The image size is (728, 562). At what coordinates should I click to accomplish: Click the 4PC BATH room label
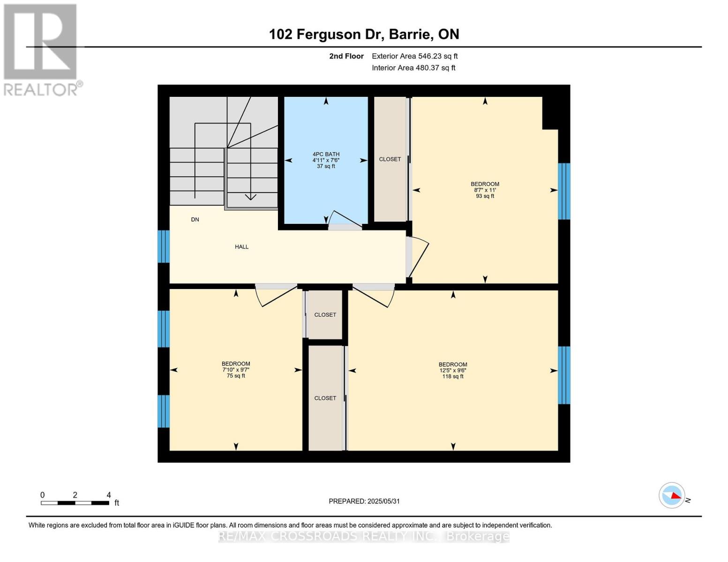click(x=326, y=160)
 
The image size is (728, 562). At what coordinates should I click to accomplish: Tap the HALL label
click(x=241, y=247)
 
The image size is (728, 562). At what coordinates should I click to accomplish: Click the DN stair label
click(x=195, y=220)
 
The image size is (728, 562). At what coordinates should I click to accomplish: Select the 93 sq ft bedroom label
click(x=485, y=190)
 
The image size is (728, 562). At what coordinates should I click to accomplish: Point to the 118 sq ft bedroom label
click(x=453, y=370)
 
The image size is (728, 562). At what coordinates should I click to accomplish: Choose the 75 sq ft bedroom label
click(x=236, y=370)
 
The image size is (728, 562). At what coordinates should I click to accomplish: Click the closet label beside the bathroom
click(x=390, y=159)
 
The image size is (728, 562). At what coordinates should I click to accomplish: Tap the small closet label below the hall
click(x=325, y=315)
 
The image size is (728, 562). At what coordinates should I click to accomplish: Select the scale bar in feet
click(x=75, y=503)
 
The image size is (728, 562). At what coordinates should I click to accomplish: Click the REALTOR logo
click(x=41, y=49)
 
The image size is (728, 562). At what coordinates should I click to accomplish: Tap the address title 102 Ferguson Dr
click(x=364, y=34)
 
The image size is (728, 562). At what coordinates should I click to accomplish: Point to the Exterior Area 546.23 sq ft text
click(x=414, y=56)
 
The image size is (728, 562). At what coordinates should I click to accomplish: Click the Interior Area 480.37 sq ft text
click(x=413, y=68)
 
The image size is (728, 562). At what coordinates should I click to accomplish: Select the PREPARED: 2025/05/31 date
click(x=364, y=501)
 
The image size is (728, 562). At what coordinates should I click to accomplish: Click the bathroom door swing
click(x=345, y=220)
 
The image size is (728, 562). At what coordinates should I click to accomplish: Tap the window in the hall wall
click(x=163, y=246)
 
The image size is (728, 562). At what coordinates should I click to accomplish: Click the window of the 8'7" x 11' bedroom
click(x=564, y=191)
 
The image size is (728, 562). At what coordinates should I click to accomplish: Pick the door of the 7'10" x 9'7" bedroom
click(x=277, y=295)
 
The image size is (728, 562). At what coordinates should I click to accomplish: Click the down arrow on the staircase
click(x=251, y=197)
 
